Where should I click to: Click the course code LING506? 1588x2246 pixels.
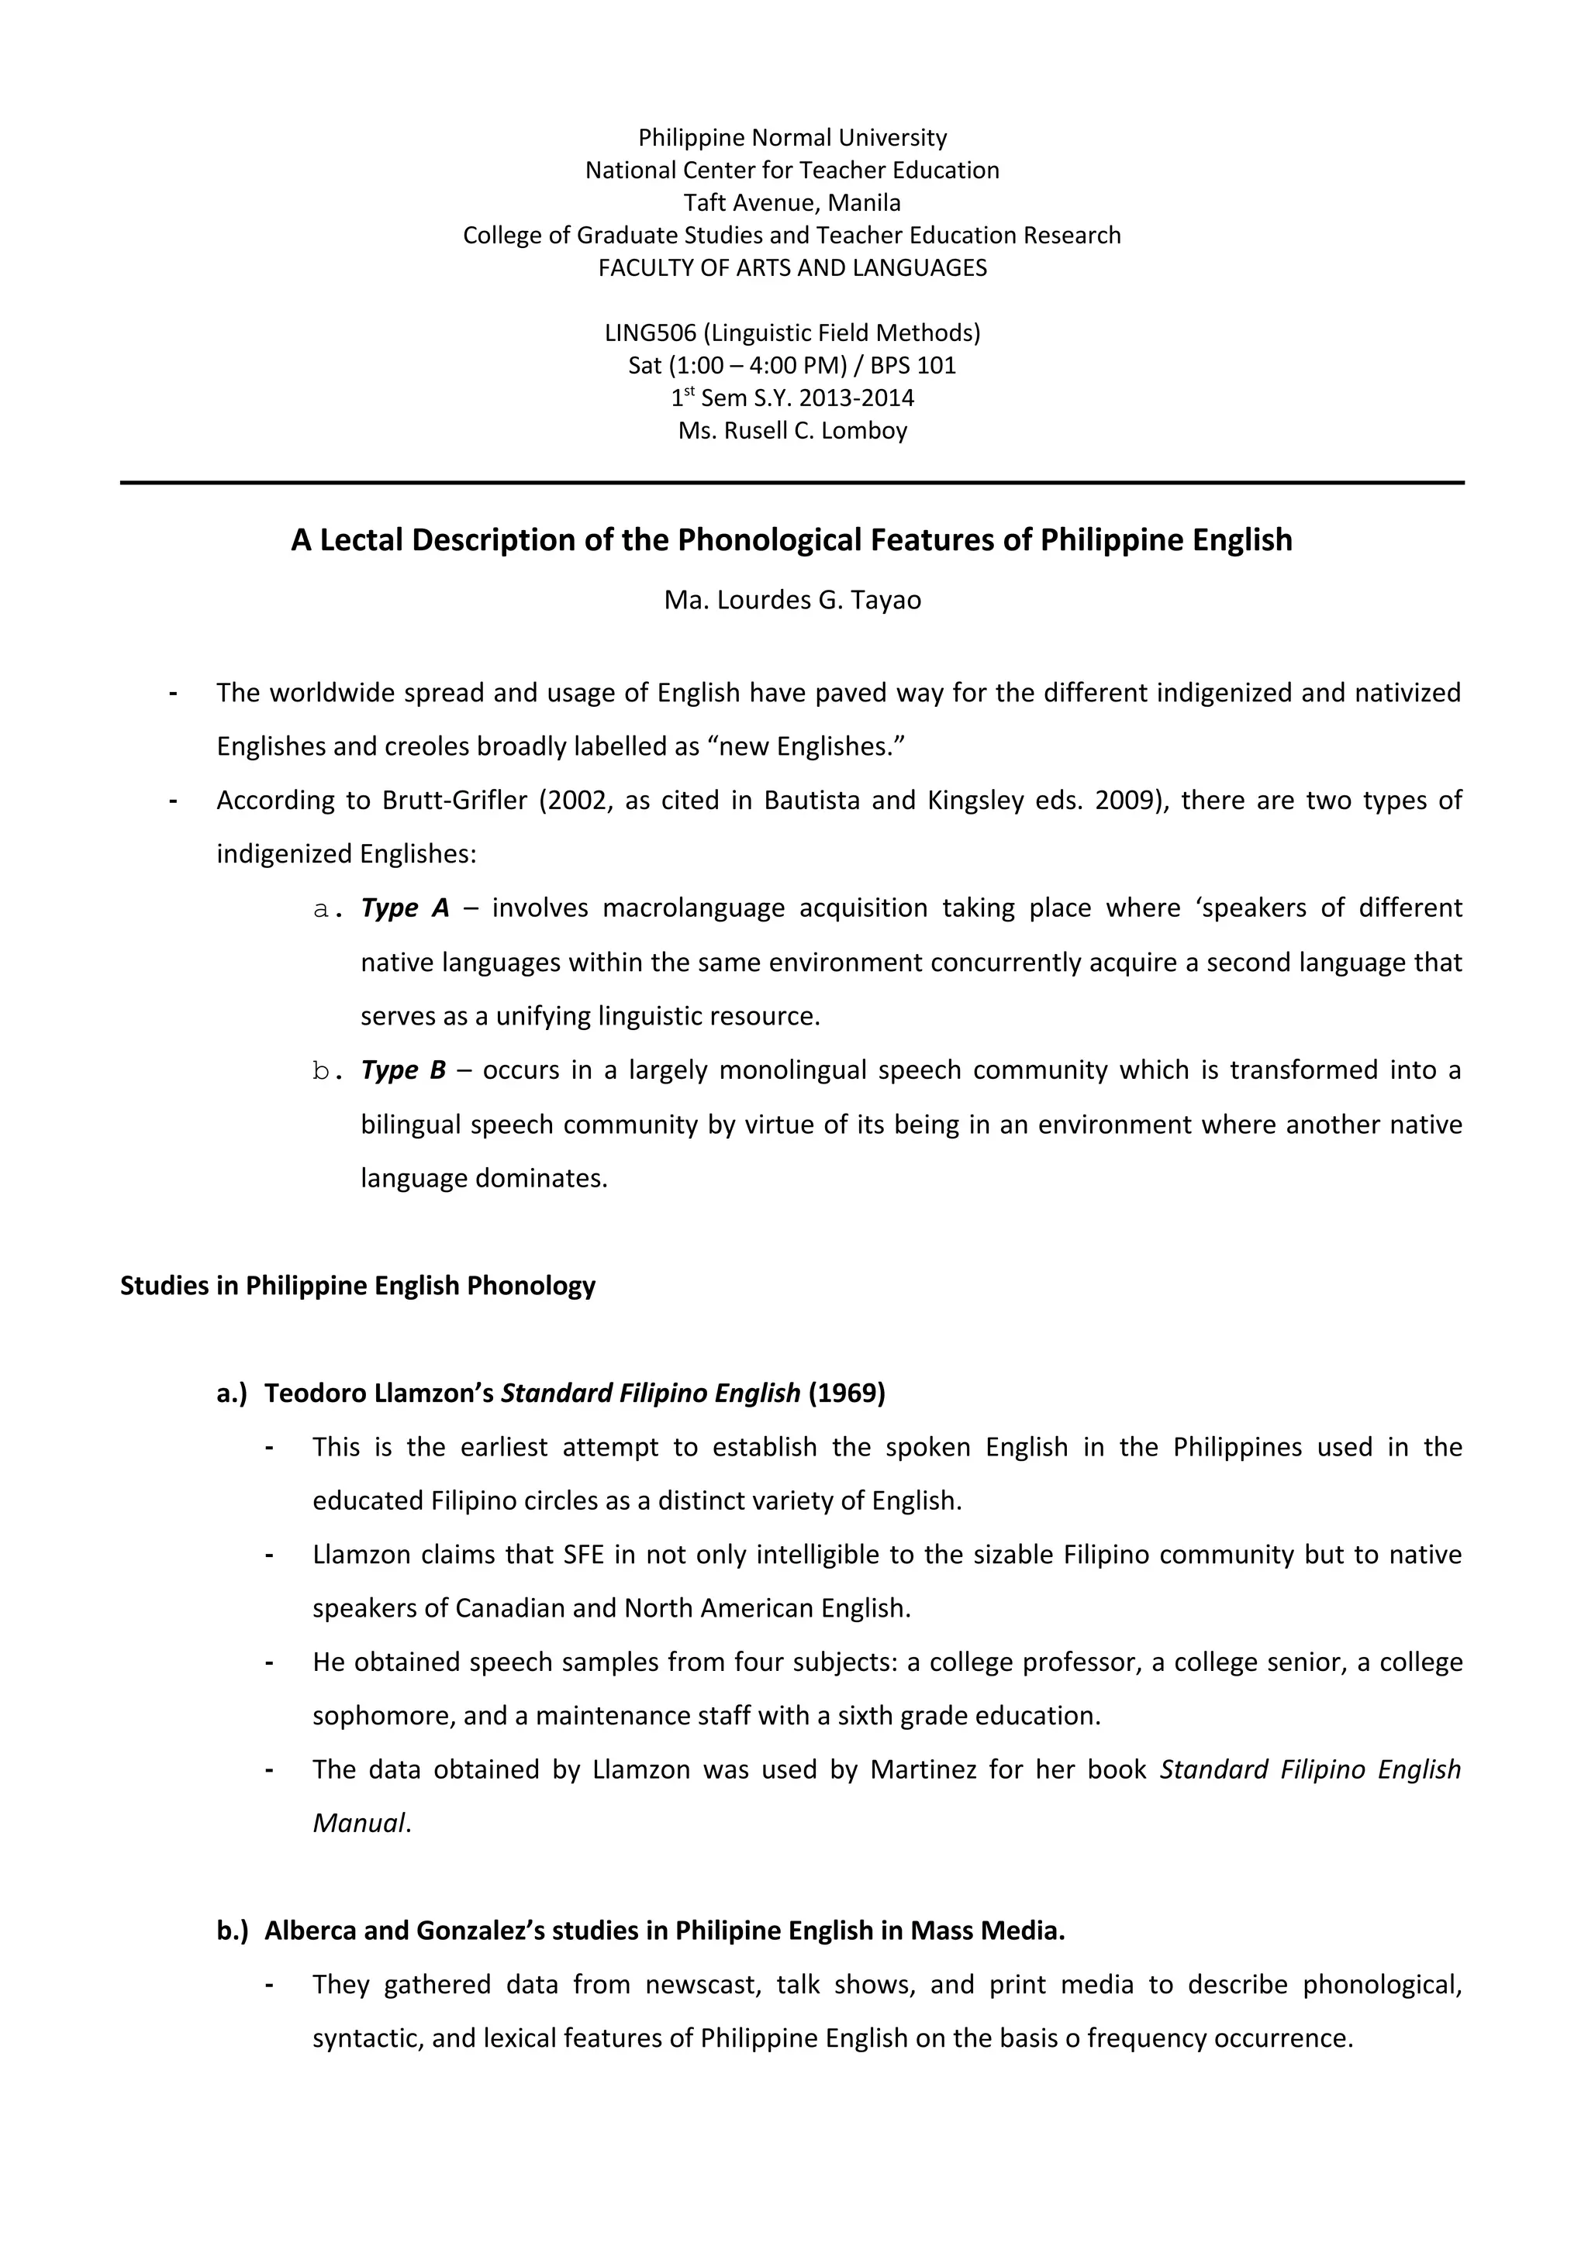click(650, 333)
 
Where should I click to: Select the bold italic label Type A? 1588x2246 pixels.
click(404, 909)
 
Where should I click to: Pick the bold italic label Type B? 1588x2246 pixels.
click(403, 1070)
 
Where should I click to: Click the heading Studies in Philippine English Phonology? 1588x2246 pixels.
click(357, 1286)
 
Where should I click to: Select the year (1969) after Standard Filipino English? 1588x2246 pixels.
click(847, 1393)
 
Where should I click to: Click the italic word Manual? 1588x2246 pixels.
click(358, 1824)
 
